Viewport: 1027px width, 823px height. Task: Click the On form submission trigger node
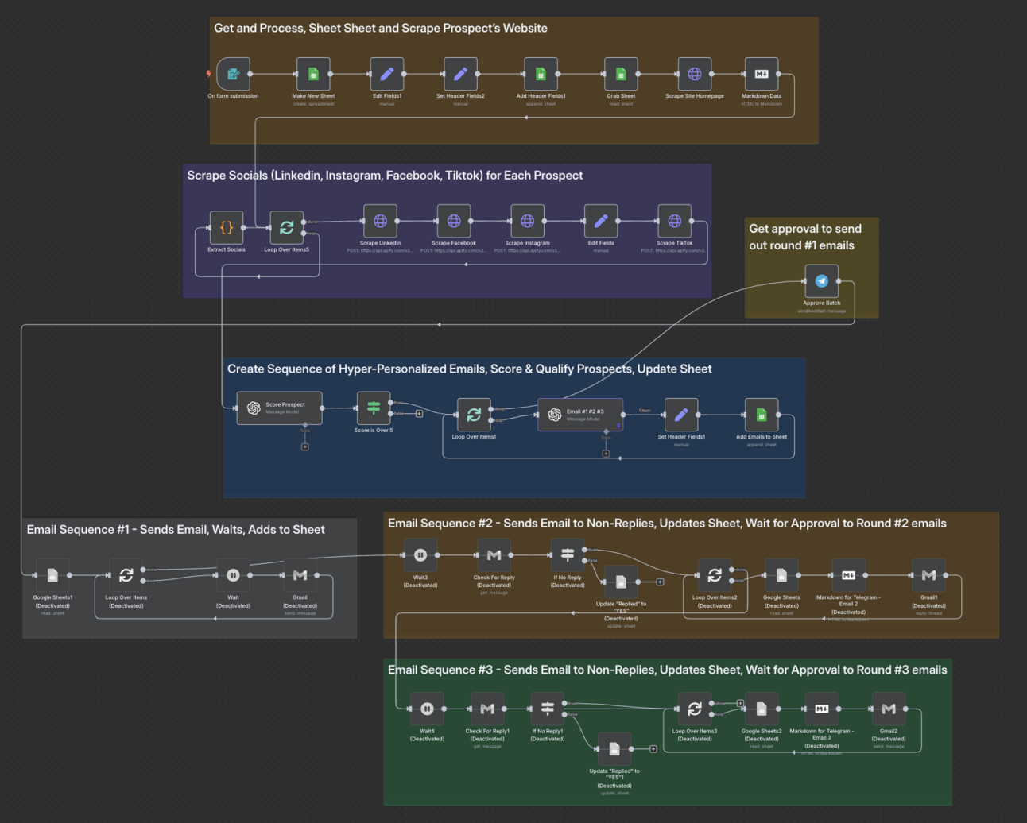tap(234, 74)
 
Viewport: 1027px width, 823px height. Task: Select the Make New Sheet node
tap(313, 74)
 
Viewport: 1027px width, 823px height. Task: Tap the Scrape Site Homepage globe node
tap(694, 74)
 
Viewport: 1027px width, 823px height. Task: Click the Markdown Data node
tap(761, 74)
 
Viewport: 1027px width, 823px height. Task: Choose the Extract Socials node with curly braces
tap(227, 227)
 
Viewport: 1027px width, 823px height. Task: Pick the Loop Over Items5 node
tap(286, 227)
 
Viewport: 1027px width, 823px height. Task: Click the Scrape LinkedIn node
tap(380, 221)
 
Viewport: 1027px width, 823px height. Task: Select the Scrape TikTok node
tap(674, 221)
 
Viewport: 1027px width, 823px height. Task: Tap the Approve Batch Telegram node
tap(821, 281)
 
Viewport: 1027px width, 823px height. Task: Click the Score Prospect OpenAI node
tap(279, 408)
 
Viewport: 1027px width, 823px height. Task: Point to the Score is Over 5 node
tap(373, 408)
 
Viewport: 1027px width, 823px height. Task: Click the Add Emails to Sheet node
tap(761, 415)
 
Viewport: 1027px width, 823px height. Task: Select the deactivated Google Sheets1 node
tap(52, 575)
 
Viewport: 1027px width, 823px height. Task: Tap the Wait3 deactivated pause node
tap(420, 555)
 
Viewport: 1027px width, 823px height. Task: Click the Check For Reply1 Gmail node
tap(487, 709)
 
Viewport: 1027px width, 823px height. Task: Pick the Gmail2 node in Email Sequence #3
tap(888, 709)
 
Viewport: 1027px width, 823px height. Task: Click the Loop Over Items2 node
tap(714, 575)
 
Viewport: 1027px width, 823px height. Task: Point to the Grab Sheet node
tap(621, 74)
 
